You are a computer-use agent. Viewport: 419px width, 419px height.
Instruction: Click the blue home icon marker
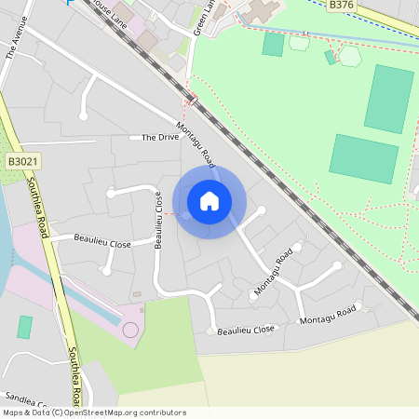(209, 200)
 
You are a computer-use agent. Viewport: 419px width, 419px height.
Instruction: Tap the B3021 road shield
(22, 161)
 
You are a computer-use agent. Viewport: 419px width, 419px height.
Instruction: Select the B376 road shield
(341, 5)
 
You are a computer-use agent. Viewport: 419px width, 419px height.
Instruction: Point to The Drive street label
(160, 138)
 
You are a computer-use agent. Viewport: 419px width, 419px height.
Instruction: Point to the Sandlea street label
(25, 398)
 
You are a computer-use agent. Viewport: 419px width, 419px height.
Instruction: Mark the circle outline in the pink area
(130, 330)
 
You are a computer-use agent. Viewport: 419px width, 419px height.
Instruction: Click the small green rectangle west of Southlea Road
(24, 327)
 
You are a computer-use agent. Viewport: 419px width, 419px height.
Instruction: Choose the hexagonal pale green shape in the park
(349, 56)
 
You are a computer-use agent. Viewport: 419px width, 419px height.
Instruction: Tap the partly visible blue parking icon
(70, 2)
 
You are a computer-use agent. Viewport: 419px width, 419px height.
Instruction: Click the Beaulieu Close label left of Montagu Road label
(246, 330)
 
